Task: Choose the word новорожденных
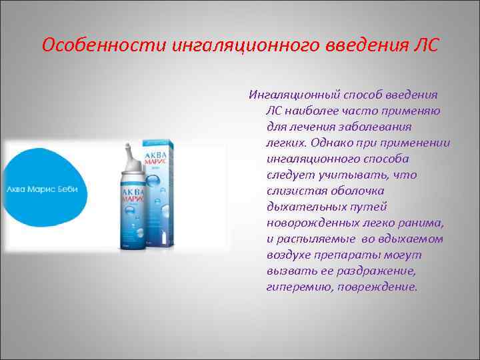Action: point(308,223)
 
